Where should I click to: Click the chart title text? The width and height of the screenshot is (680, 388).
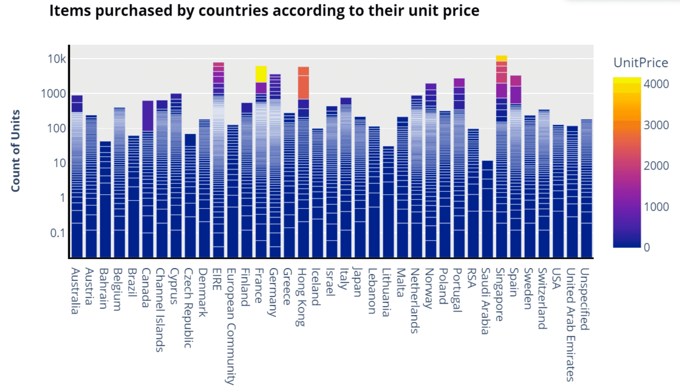click(x=264, y=11)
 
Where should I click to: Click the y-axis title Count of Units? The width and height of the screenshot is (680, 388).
click(x=15, y=151)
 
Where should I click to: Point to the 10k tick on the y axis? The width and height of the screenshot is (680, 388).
click(x=57, y=59)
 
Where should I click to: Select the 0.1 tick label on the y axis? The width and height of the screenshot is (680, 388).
click(x=58, y=233)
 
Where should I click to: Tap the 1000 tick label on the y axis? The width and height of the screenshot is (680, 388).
click(x=53, y=94)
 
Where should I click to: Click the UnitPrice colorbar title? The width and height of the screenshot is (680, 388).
click(x=640, y=63)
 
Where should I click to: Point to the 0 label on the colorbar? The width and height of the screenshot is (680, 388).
click(x=647, y=247)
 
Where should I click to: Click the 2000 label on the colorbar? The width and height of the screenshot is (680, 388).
click(x=656, y=166)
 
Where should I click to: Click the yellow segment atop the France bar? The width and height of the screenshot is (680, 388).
click(x=261, y=74)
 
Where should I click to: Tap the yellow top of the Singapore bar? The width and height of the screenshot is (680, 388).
click(x=501, y=58)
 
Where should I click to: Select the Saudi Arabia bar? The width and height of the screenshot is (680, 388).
click(x=487, y=209)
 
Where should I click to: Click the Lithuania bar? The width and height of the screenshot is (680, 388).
click(x=388, y=202)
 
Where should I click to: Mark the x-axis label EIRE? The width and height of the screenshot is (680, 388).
click(x=217, y=279)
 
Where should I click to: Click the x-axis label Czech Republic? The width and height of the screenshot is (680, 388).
click(x=188, y=308)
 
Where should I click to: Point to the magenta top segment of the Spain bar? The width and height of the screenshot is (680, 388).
click(x=515, y=81)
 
